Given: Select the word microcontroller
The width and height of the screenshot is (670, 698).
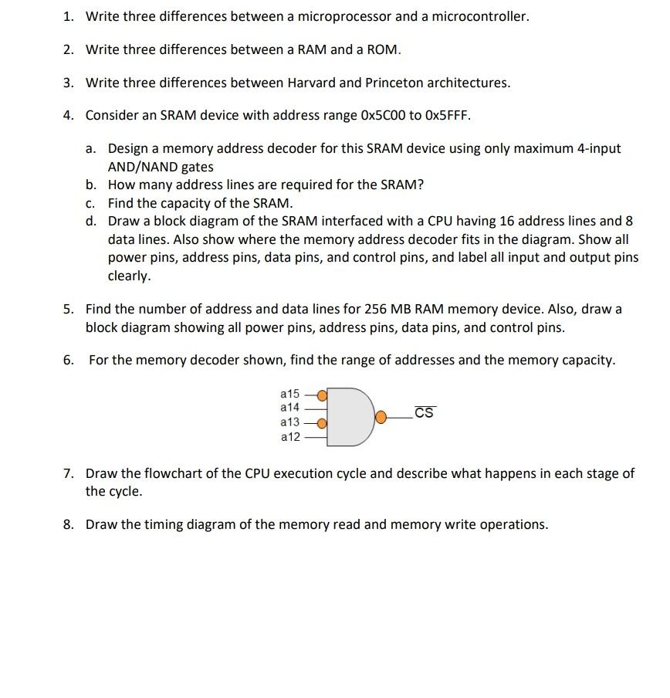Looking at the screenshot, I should [x=478, y=16].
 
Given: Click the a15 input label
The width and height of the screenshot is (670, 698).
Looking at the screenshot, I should [x=289, y=393].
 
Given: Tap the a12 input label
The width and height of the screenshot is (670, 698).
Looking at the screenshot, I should [x=289, y=437].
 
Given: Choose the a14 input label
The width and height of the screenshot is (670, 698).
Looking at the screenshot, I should [x=289, y=407].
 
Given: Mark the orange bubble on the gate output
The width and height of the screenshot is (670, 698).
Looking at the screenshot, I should [x=381, y=418].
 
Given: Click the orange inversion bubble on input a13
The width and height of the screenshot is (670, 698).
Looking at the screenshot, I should [x=322, y=423].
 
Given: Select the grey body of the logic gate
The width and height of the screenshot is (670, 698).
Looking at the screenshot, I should [x=351, y=418].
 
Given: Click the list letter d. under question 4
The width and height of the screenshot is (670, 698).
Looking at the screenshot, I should [x=91, y=221].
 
